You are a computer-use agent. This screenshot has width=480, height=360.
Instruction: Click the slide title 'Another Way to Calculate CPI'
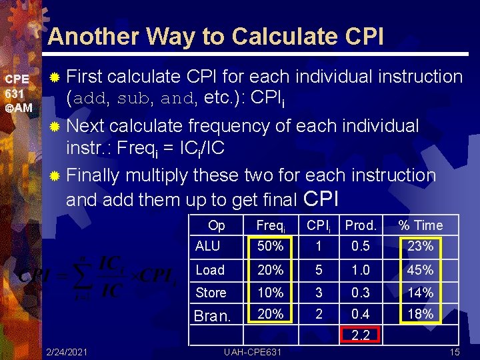[x=215, y=37]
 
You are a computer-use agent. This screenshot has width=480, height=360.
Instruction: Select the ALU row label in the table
[x=207, y=246]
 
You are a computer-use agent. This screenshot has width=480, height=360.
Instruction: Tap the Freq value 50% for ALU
[x=270, y=246]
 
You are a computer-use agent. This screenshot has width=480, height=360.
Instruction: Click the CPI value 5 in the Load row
[x=319, y=270]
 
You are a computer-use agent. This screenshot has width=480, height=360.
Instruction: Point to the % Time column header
[x=420, y=225]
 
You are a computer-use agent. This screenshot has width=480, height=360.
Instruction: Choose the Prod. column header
[x=361, y=225]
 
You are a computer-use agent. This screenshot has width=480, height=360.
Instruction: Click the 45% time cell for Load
[x=420, y=270]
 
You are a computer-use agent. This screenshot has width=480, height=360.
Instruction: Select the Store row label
[x=211, y=293]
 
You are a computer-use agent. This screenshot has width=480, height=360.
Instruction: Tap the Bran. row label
[x=213, y=315]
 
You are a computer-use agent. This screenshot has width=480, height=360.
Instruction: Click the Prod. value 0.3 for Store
[x=361, y=293]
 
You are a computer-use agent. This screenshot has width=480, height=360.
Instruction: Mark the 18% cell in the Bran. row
[x=420, y=314]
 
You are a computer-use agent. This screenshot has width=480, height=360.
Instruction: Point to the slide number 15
[x=455, y=351]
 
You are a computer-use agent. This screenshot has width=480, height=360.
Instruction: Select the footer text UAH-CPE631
[x=253, y=351]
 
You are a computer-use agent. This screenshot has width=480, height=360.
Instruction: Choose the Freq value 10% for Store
[x=270, y=293]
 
